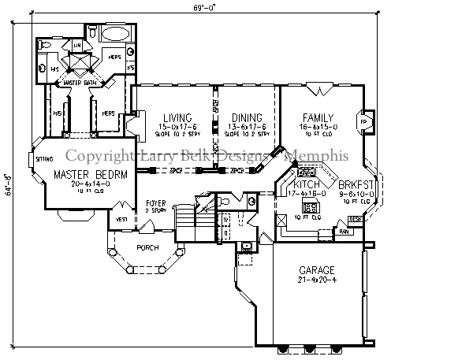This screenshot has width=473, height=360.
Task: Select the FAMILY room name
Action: click(318, 117)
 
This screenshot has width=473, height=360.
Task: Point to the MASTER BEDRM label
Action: click(90, 173)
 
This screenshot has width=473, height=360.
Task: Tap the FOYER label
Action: click(155, 202)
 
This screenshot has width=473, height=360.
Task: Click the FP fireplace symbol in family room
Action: click(364, 123)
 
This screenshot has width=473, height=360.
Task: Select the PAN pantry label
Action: click(343, 232)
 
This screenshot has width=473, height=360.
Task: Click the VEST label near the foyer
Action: click(122, 220)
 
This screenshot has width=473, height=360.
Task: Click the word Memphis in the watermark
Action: click(315, 156)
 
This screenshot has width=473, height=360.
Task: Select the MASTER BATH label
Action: click(79, 82)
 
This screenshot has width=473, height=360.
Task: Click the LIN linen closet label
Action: click(77, 46)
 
